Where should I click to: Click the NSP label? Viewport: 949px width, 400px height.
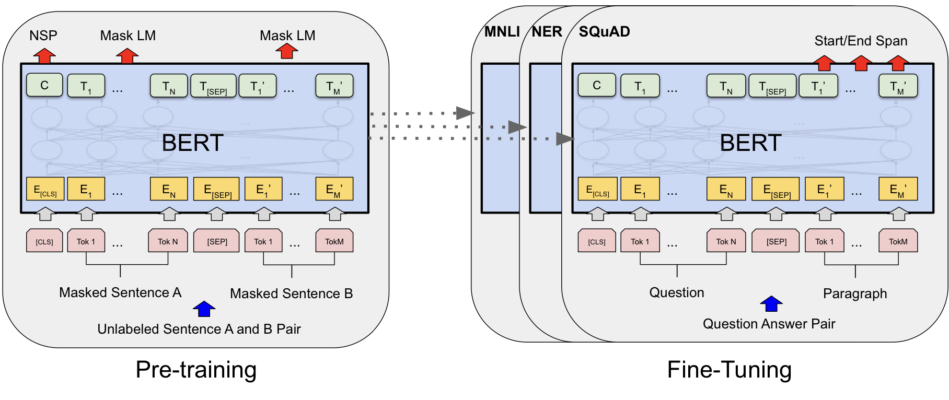pyautogui.click(x=43, y=36)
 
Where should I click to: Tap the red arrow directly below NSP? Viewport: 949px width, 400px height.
pyautogui.click(x=44, y=55)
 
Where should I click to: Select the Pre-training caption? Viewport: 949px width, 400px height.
pyautogui.click(x=196, y=370)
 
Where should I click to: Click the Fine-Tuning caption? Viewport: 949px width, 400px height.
pyautogui.click(x=730, y=370)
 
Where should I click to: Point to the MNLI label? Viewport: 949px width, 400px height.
pyautogui.click(x=502, y=32)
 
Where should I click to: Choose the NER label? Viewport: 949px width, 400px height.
pyautogui.click(x=547, y=32)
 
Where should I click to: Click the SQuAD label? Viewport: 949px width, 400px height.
pyautogui.click(x=605, y=32)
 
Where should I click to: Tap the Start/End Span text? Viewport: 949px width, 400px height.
pyautogui.click(x=861, y=41)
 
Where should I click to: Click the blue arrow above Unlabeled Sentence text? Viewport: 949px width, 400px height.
pyautogui.click(x=204, y=309)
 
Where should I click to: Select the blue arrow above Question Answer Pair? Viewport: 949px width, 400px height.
pyautogui.click(x=771, y=303)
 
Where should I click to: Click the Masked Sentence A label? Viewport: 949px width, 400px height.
pyautogui.click(x=120, y=292)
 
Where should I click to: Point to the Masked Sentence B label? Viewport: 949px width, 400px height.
pyautogui.click(x=292, y=293)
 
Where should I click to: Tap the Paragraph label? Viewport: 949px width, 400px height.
pyautogui.click(x=855, y=293)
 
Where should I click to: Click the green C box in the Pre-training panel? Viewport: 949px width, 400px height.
pyautogui.click(x=44, y=85)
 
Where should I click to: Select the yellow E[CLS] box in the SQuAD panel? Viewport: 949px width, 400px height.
pyautogui.click(x=597, y=189)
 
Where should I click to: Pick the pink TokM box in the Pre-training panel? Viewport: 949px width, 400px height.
pyautogui.click(x=334, y=241)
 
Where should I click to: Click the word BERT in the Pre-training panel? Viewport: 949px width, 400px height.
pyautogui.click(x=193, y=143)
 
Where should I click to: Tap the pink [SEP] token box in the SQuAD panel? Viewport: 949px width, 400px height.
pyautogui.click(x=776, y=241)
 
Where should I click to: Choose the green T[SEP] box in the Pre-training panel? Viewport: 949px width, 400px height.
pyautogui.click(x=214, y=86)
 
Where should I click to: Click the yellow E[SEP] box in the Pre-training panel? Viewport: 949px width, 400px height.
pyautogui.click(x=216, y=189)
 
